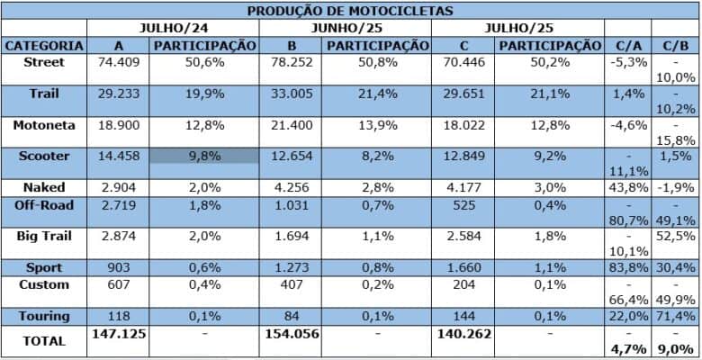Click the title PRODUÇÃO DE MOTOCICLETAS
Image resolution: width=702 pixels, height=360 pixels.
pyautogui.click(x=351, y=11)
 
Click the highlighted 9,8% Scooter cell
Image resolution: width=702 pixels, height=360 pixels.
pyautogui.click(x=203, y=156)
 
